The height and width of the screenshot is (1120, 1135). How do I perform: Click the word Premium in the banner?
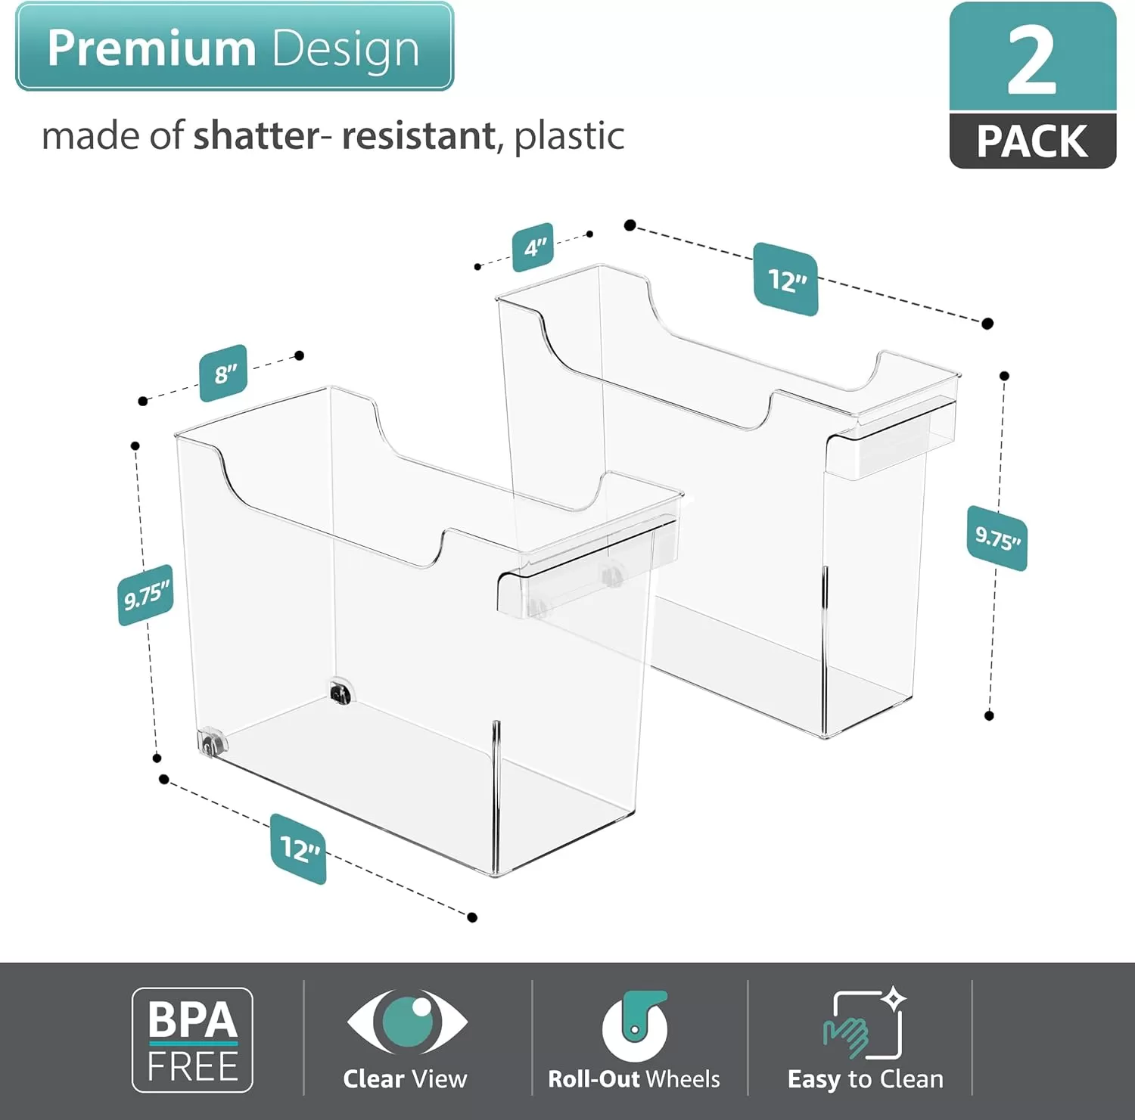pyautogui.click(x=152, y=48)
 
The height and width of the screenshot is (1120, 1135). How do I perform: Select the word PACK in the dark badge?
pyautogui.click(x=1032, y=141)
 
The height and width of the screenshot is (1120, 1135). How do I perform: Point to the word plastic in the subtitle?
pyautogui.click(x=569, y=137)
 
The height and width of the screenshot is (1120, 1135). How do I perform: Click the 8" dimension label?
pyautogui.click(x=223, y=373)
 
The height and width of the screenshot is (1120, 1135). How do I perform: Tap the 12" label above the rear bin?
pyautogui.click(x=786, y=280)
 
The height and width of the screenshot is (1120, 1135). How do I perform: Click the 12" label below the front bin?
pyautogui.click(x=299, y=849)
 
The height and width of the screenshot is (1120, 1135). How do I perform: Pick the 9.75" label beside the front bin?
pyautogui.click(x=146, y=595)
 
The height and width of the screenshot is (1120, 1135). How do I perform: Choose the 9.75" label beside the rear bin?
pyautogui.click(x=997, y=538)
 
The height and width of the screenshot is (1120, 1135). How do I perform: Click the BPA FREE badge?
pyautogui.click(x=192, y=1040)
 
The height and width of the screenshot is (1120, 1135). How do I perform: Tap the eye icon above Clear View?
pyautogui.click(x=407, y=1021)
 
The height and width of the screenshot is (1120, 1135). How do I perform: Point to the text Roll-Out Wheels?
pyautogui.click(x=634, y=1079)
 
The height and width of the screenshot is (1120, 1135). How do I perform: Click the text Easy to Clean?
pyautogui.click(x=866, y=1080)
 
